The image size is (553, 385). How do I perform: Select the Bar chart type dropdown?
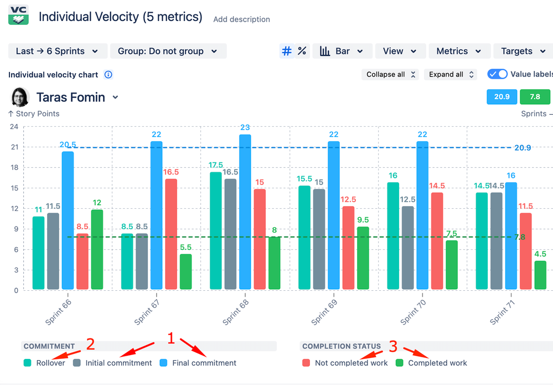(x=342, y=51)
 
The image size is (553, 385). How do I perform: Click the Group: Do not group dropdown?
(x=168, y=51)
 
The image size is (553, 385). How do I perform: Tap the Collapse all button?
(x=391, y=74)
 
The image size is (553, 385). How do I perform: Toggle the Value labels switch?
(x=498, y=74)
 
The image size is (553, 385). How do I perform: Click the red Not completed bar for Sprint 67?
(x=171, y=233)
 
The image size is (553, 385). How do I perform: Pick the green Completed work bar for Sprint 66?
(x=97, y=249)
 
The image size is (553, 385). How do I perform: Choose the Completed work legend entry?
(x=432, y=363)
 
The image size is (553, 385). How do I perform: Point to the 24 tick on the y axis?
(x=14, y=127)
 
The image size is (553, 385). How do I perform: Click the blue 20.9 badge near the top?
(x=502, y=97)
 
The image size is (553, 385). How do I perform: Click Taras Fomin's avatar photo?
(x=20, y=97)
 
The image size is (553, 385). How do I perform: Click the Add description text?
(x=241, y=19)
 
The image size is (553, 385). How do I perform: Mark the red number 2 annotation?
(x=90, y=345)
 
